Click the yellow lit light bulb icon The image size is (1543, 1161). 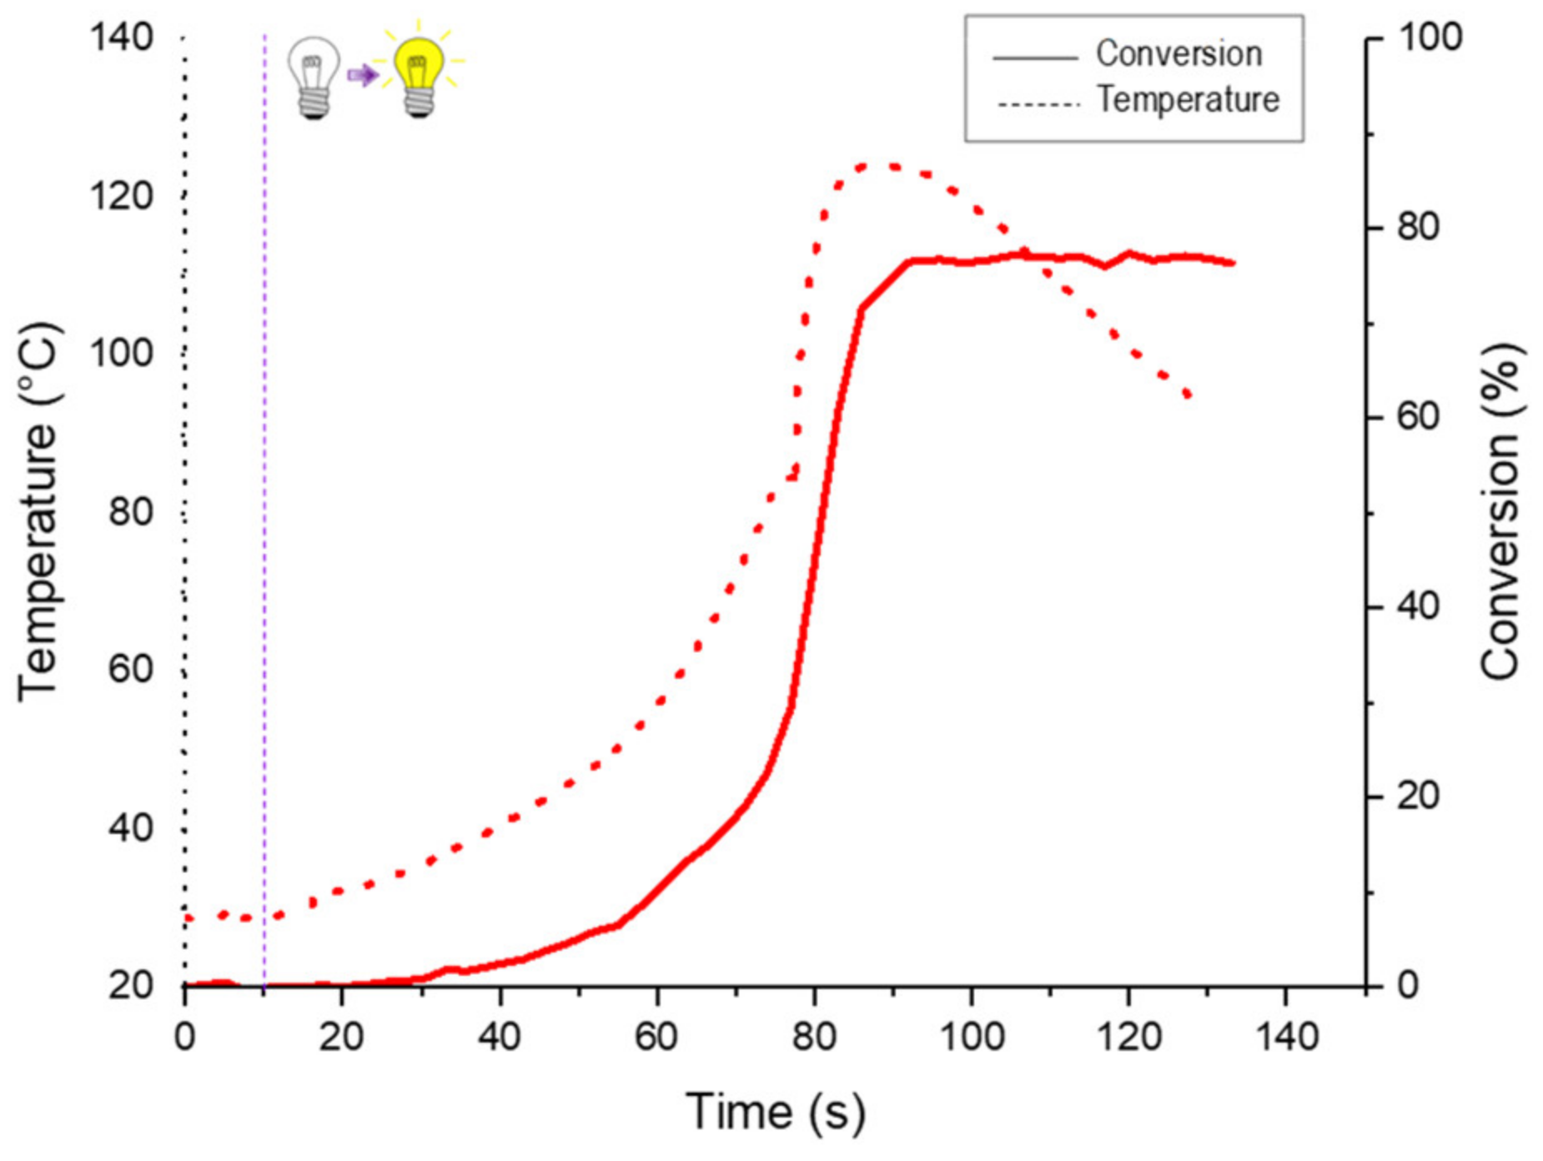[x=418, y=73]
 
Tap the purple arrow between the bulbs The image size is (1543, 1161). [x=363, y=76]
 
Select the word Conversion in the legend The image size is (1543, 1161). [x=1179, y=54]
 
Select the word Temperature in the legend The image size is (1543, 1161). [x=1188, y=99]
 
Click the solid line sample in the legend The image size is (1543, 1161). [x=1035, y=58]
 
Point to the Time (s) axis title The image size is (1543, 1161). [x=775, y=1112]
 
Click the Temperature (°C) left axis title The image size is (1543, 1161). [x=38, y=510]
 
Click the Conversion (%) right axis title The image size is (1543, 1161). [x=1500, y=510]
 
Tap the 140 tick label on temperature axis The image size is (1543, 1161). [x=122, y=38]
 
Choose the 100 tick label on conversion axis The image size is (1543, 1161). [x=1430, y=38]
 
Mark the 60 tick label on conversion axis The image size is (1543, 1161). [x=1419, y=416]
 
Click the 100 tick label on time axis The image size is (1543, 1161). [x=971, y=1037]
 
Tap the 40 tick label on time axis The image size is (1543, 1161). [x=499, y=1037]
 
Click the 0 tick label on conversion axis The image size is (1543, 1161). [x=1408, y=986]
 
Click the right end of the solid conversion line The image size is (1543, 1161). [x=1232, y=263]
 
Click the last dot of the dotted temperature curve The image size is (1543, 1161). [x=1189, y=395]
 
